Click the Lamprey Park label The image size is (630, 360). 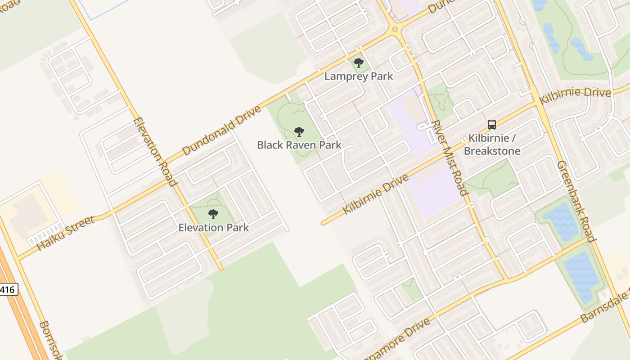[x=359, y=76]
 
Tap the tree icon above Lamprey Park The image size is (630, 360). [x=358, y=63]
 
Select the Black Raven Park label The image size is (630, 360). [x=299, y=145]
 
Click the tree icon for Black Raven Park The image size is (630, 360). [x=299, y=132]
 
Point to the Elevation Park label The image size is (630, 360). [x=213, y=227]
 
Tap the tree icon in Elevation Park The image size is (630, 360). [x=213, y=214]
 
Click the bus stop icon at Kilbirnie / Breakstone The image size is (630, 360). [x=492, y=125]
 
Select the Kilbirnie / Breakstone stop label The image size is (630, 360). [x=492, y=144]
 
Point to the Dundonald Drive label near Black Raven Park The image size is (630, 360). [x=222, y=130]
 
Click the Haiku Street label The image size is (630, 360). [x=65, y=233]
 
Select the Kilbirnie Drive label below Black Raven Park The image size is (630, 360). [x=376, y=194]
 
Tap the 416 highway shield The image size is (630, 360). [x=8, y=290]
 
